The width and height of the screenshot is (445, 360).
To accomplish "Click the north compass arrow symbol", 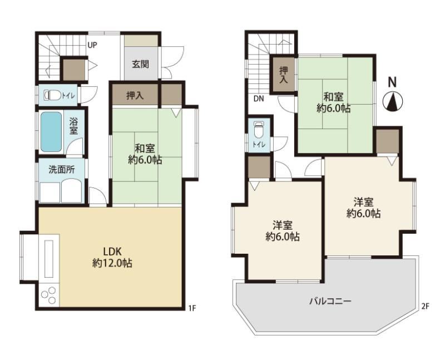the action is [393, 102].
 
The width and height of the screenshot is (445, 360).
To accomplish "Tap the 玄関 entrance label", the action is [140, 65].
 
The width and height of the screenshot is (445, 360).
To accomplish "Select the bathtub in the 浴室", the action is [51, 131].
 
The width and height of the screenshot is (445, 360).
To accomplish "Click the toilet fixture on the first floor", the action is [52, 95].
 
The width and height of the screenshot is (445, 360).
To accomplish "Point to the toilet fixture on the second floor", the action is [258, 130].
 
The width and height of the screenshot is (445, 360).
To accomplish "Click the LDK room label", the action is [112, 251].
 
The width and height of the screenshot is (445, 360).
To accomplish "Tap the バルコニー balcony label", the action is [330, 300].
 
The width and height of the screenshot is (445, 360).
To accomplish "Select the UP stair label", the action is [92, 45].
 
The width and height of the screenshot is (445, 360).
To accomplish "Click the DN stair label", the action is [259, 99].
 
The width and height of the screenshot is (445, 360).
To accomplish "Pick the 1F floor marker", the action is [192, 308].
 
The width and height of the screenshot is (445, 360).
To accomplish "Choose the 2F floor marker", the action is [425, 306].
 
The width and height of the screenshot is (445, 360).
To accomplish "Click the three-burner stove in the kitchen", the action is [48, 295].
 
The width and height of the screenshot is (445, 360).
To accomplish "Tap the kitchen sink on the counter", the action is [48, 259].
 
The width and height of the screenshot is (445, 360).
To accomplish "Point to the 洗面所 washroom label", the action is [62, 170].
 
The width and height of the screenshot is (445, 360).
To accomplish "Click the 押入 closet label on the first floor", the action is [135, 96].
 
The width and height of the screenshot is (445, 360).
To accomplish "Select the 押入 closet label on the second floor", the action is [284, 75].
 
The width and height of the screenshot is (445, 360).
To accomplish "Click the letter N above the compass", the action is [392, 82].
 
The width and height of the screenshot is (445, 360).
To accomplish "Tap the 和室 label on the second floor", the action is [333, 97].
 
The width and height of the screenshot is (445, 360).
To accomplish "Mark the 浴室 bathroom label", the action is [73, 126].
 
